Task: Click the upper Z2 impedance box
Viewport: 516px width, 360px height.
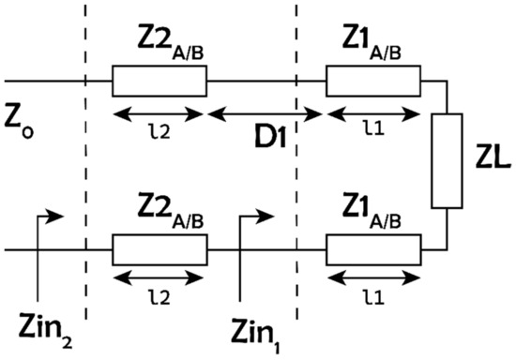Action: click(x=159, y=82)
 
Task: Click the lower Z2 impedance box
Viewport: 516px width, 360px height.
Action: click(x=159, y=250)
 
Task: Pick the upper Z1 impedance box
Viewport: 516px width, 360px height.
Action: click(x=373, y=82)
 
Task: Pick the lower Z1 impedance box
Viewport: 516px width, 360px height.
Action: click(x=373, y=250)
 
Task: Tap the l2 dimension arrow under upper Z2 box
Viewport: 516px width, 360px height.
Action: click(x=158, y=114)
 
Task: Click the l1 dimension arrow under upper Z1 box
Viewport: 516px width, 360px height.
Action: click(x=372, y=114)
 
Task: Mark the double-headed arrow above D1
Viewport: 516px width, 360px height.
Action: click(x=265, y=114)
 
